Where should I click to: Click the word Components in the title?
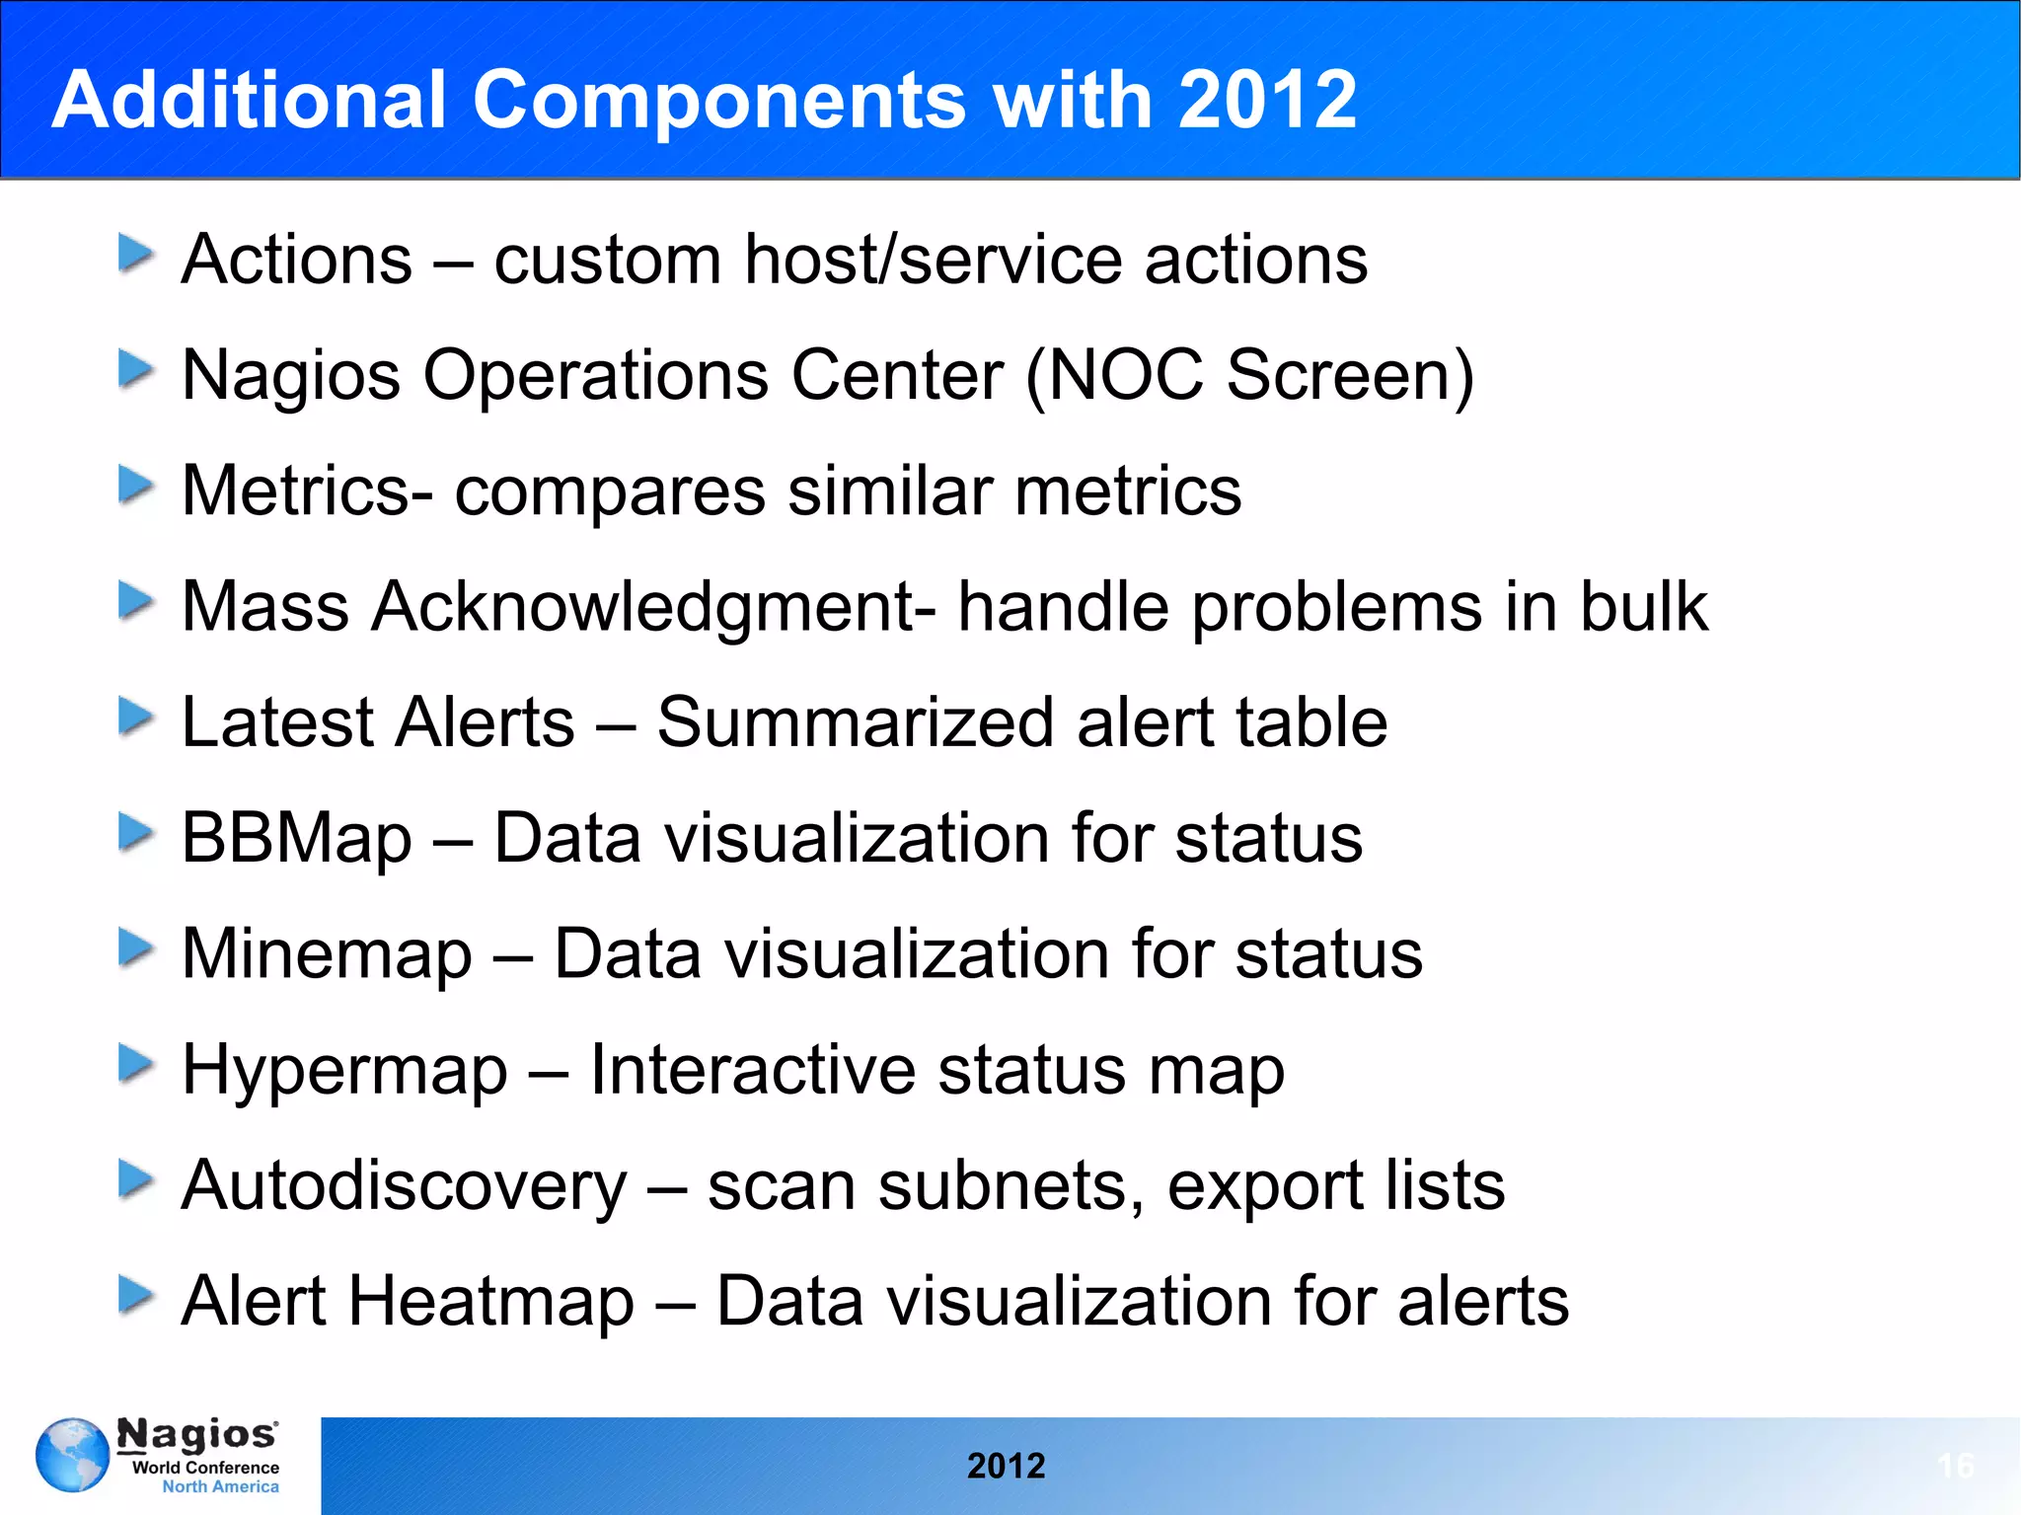pyautogui.click(x=718, y=101)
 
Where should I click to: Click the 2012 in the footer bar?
pyautogui.click(x=1006, y=1466)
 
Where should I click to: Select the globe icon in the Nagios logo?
pyautogui.click(x=72, y=1455)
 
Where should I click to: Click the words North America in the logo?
pyautogui.click(x=220, y=1486)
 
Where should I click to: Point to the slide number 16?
pyautogui.click(x=1956, y=1466)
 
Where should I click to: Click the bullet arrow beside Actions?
pyautogui.click(x=135, y=254)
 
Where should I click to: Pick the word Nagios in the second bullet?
pyautogui.click(x=291, y=376)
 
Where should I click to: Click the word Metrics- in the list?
pyautogui.click(x=307, y=491)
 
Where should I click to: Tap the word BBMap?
pyautogui.click(x=296, y=839)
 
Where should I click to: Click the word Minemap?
pyautogui.click(x=327, y=954)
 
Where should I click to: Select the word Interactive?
pyautogui.click(x=753, y=1070)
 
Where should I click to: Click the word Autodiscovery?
pyautogui.click(x=404, y=1186)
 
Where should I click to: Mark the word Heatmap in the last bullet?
pyautogui.click(x=490, y=1301)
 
